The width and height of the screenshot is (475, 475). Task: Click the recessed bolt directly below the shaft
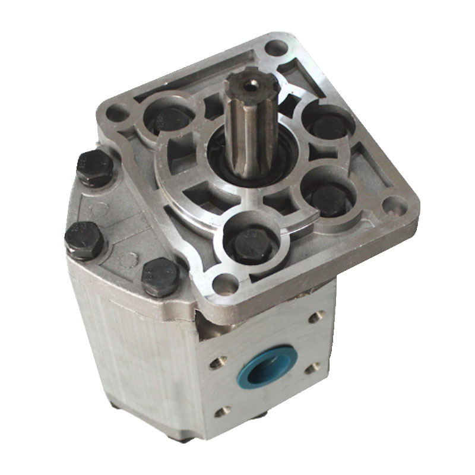249,239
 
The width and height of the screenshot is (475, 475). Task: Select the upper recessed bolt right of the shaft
328,125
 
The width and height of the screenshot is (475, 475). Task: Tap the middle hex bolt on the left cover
84,238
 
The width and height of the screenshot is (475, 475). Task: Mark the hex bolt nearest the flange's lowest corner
160,277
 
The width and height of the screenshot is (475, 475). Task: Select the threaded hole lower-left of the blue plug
224,410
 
